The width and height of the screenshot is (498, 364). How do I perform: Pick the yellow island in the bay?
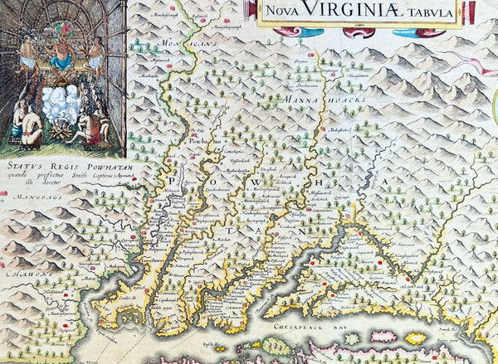pyautogui.click(x=416, y=337)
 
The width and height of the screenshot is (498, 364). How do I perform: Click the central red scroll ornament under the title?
pyautogui.click(x=366, y=32)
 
